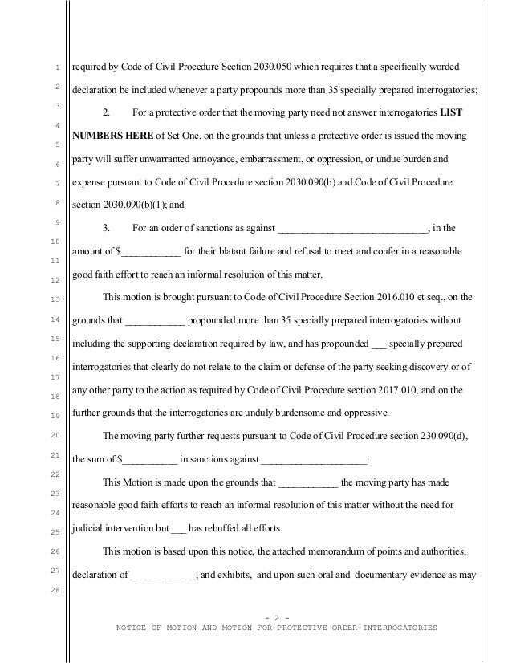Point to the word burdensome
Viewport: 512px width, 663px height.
pos(295,413)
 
